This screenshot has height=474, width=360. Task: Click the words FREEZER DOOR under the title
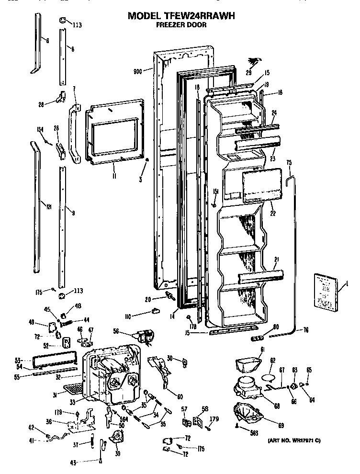click(x=181, y=25)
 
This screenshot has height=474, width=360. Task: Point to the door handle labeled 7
click(x=73, y=135)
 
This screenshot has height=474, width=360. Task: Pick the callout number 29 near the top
click(x=248, y=72)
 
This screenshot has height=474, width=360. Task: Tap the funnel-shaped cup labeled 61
click(x=247, y=365)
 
